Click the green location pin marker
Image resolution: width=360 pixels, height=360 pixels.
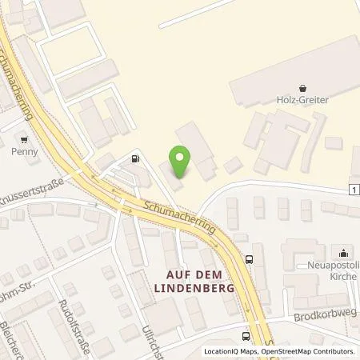tap(182, 162)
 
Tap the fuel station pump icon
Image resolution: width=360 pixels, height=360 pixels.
tap(136, 158)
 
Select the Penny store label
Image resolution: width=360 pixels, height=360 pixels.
tap(25, 150)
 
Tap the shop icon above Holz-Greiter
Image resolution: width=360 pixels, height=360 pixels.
tap(302, 88)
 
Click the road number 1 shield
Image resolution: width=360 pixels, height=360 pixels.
tap(353, 189)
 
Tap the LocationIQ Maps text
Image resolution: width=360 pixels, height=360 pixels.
tap(230, 351)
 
